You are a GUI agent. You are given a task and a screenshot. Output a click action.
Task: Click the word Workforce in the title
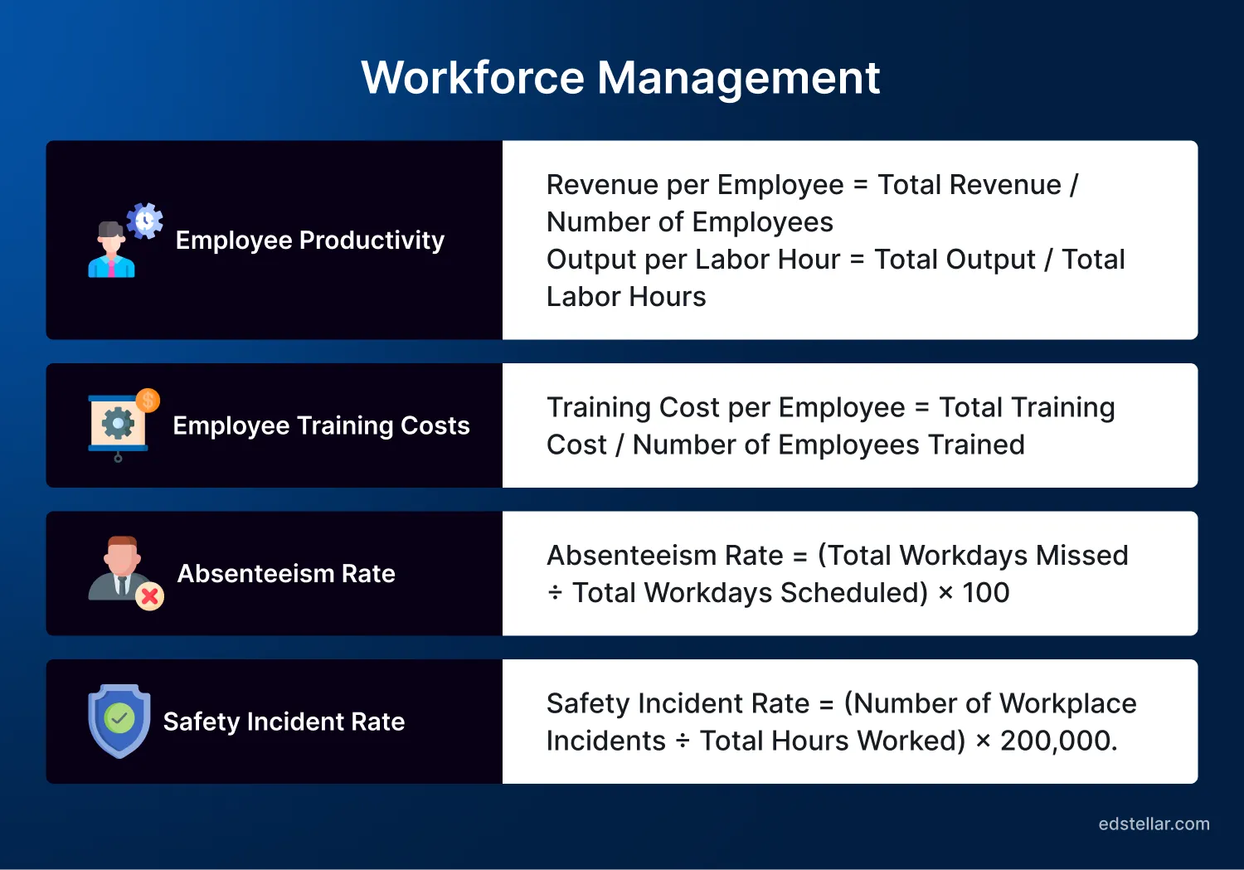[473, 78]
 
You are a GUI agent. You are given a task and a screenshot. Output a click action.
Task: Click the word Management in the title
[738, 78]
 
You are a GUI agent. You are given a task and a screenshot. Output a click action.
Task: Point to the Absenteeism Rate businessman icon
[123, 571]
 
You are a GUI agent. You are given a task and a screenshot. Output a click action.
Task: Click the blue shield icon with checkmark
[119, 721]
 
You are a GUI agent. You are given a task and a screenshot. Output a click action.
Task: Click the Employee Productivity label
[310, 241]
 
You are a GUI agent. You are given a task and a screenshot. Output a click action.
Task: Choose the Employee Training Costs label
[321, 425]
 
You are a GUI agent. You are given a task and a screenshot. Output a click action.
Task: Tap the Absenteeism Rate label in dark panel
[286, 573]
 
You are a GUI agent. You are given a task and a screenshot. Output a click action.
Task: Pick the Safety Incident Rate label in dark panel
[284, 722]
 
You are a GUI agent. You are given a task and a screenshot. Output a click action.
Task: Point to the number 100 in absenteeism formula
[985, 593]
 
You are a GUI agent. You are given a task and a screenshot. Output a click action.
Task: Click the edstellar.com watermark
[1154, 824]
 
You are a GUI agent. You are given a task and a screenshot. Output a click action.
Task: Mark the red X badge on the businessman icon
[149, 596]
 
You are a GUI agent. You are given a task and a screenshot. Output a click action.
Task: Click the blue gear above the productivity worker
[145, 221]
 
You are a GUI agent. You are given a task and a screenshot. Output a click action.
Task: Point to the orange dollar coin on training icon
[148, 401]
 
